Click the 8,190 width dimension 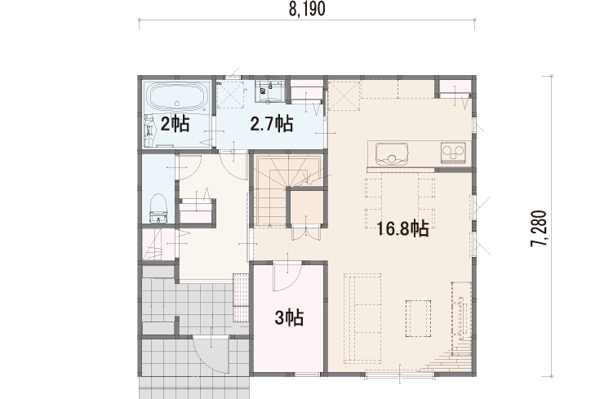(x=307, y=9)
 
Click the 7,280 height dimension (x=539, y=228)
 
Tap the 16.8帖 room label (x=402, y=228)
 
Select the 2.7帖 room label (x=271, y=124)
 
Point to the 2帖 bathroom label (x=175, y=124)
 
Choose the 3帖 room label (x=289, y=317)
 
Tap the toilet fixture (x=158, y=208)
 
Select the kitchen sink (x=392, y=153)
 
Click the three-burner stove (x=454, y=153)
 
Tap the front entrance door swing (x=211, y=353)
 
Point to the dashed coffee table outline (x=418, y=318)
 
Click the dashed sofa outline (x=362, y=318)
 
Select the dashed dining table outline (x=399, y=202)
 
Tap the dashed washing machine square (x=231, y=94)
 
